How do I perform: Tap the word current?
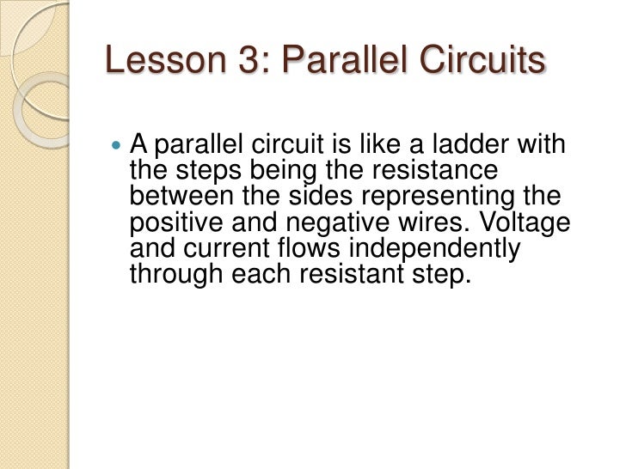coord(229,252)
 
